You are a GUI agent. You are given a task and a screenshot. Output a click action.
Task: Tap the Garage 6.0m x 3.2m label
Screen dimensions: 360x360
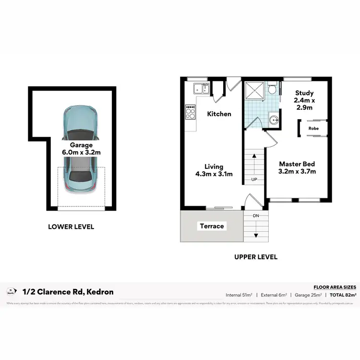(x=81, y=148)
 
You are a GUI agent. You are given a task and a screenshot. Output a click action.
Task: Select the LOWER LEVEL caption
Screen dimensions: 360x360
(x=71, y=227)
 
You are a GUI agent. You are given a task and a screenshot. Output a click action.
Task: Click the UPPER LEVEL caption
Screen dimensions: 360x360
(x=255, y=257)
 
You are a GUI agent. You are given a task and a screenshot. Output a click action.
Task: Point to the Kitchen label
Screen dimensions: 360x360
(x=219, y=114)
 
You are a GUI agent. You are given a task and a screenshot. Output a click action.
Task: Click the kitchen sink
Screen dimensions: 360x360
(x=201, y=88)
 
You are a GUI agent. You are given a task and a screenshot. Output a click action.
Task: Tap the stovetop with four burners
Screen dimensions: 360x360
(x=190, y=113)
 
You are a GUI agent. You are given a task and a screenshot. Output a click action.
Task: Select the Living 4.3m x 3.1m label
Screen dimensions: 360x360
(x=214, y=170)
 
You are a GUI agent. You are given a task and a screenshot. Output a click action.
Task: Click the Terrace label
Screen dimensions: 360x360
(x=212, y=226)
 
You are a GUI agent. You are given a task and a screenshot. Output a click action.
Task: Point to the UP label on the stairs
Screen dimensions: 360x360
(x=255, y=180)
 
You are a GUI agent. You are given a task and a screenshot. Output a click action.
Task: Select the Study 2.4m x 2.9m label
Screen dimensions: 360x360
(x=304, y=100)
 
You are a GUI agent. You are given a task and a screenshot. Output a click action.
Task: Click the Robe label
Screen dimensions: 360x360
(x=313, y=129)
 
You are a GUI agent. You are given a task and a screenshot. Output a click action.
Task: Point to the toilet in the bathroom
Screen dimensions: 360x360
(x=272, y=89)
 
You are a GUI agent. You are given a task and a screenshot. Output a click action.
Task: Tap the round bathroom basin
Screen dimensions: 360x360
(x=273, y=120)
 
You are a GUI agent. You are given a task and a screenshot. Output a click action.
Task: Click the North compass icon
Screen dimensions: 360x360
(x=11, y=291)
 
